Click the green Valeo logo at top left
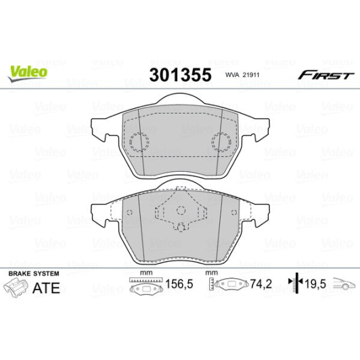pyautogui.click(x=27, y=70)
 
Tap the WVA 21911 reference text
pyautogui.click(x=240, y=75)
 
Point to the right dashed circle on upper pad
pyautogui.click(x=221, y=142)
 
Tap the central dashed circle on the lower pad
pyautogui.click(x=181, y=228)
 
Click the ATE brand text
pyautogui.click(x=46, y=288)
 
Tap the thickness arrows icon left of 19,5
pyautogui.click(x=292, y=286)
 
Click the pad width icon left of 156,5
pyautogui.click(x=142, y=287)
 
